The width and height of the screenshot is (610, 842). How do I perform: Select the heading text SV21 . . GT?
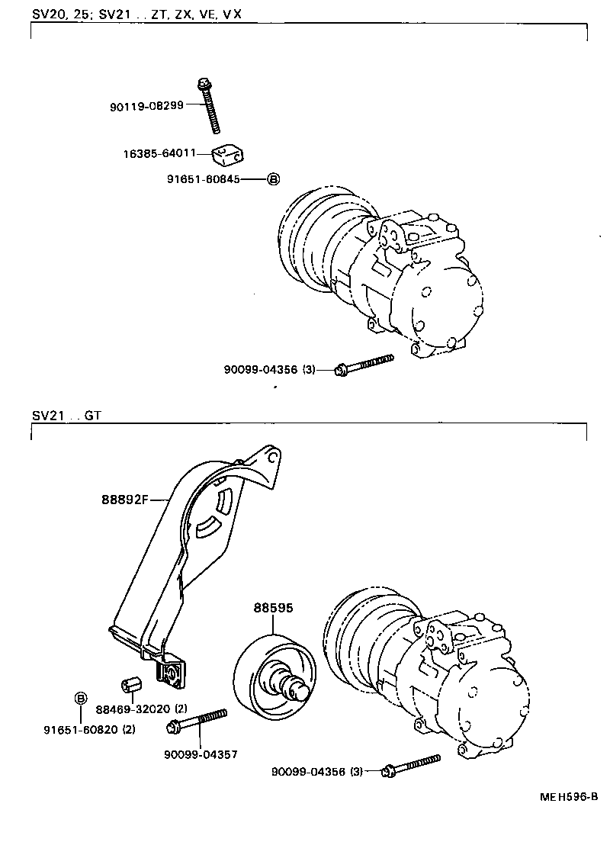66,416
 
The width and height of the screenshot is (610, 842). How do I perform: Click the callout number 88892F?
124,500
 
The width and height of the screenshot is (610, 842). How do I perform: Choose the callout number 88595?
274,608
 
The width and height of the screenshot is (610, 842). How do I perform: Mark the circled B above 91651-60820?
80,698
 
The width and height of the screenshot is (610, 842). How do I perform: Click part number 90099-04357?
201,754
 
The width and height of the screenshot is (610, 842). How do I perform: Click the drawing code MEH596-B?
569,796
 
